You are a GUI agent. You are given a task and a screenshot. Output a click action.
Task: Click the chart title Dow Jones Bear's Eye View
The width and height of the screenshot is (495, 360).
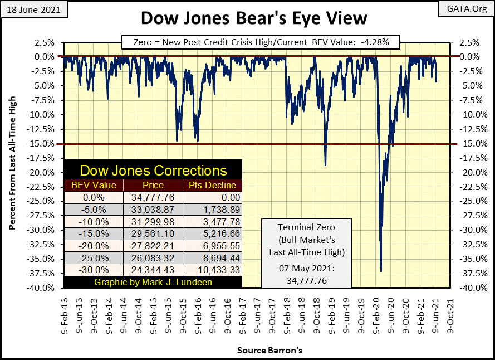coord(253,18)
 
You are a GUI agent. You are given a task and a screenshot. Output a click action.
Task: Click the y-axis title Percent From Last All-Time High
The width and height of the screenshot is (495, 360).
coord(12,165)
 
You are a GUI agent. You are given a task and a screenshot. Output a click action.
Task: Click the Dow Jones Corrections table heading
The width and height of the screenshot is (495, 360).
coord(153,171)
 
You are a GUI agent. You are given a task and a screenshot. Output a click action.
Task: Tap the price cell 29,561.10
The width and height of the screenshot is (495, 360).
coord(153,229)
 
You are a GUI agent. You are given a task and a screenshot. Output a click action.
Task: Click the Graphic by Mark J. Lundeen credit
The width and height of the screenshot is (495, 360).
coord(153,281)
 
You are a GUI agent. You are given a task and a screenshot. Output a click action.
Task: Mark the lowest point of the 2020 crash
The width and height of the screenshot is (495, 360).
coord(381,271)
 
